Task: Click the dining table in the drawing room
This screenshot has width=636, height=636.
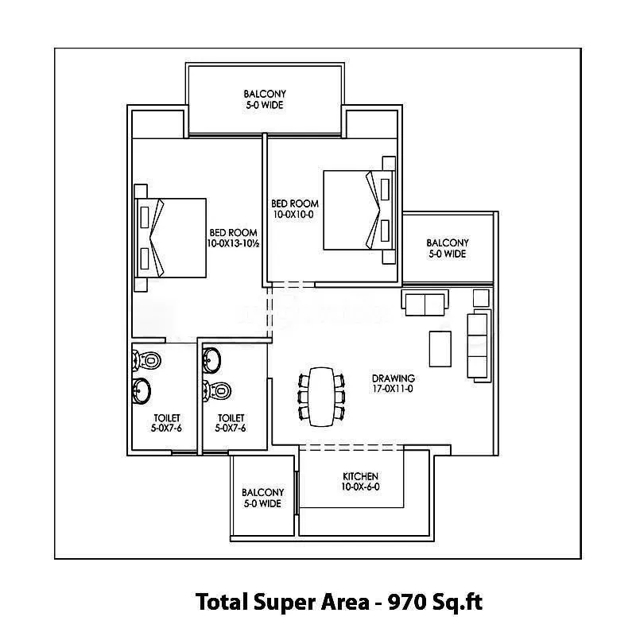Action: tap(322, 395)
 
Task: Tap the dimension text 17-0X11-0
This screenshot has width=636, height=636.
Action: tap(392, 390)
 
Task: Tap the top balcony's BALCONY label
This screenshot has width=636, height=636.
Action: tap(264, 93)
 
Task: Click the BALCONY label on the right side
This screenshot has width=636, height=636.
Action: tap(447, 243)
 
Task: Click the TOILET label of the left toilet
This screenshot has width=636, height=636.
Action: tap(167, 417)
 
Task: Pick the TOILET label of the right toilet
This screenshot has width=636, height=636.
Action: tap(230, 417)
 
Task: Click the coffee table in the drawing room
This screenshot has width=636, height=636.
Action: tap(440, 348)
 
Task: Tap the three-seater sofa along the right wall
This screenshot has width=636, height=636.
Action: tap(477, 345)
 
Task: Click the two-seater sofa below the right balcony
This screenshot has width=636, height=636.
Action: tap(425, 303)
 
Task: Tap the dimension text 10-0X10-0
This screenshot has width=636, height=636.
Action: tap(294, 215)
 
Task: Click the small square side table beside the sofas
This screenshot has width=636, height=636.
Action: tap(480, 298)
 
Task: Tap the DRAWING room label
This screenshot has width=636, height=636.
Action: tap(393, 378)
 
